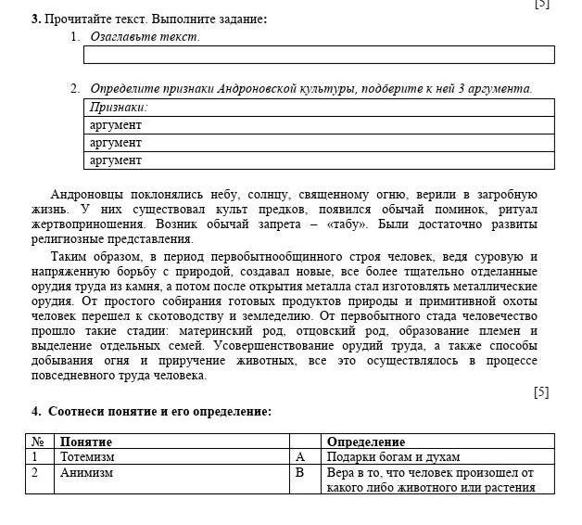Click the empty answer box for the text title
pyautogui.click(x=319, y=55)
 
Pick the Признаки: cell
pyautogui.click(x=119, y=108)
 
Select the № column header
pyautogui.click(x=38, y=442)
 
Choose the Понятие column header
pyautogui.click(x=86, y=442)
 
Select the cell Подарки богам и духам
pyautogui.click(x=393, y=457)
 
